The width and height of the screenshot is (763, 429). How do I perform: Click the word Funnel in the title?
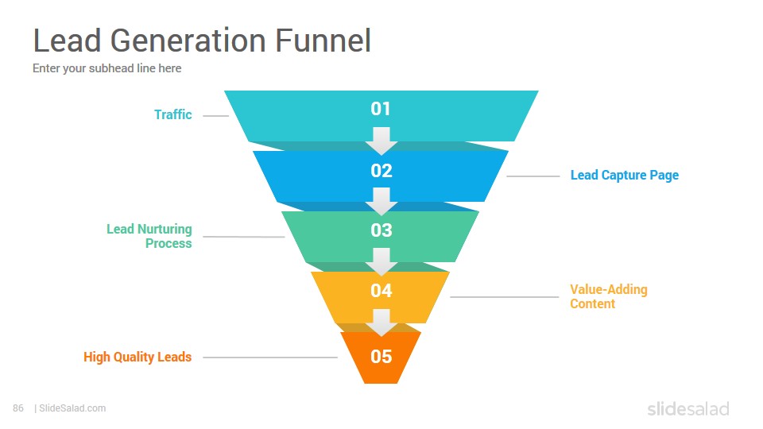click(323, 40)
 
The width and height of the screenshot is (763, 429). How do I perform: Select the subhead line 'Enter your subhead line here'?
click(107, 68)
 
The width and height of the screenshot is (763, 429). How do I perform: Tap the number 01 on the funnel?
click(381, 109)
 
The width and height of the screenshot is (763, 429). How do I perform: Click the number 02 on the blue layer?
click(381, 170)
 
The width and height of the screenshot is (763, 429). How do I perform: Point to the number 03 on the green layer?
click(381, 230)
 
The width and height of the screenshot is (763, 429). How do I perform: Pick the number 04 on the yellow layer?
click(381, 291)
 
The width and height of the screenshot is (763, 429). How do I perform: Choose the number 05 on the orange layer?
click(381, 357)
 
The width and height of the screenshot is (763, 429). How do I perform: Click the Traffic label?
click(172, 114)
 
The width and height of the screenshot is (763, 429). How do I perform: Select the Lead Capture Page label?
click(625, 175)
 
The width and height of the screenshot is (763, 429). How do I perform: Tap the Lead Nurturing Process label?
click(149, 236)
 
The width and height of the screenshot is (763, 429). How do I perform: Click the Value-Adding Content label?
click(609, 296)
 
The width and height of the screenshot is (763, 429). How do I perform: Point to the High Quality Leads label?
click(137, 357)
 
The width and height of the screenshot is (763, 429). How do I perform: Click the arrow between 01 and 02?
click(381, 141)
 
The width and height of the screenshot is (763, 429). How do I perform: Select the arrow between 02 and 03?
click(381, 201)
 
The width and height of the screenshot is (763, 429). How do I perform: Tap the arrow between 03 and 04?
click(381, 261)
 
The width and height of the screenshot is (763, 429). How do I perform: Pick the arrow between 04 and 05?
click(381, 323)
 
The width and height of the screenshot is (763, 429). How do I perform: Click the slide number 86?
click(18, 408)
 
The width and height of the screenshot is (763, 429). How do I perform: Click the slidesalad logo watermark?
click(688, 408)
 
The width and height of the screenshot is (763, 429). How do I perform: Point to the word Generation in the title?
click(188, 40)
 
